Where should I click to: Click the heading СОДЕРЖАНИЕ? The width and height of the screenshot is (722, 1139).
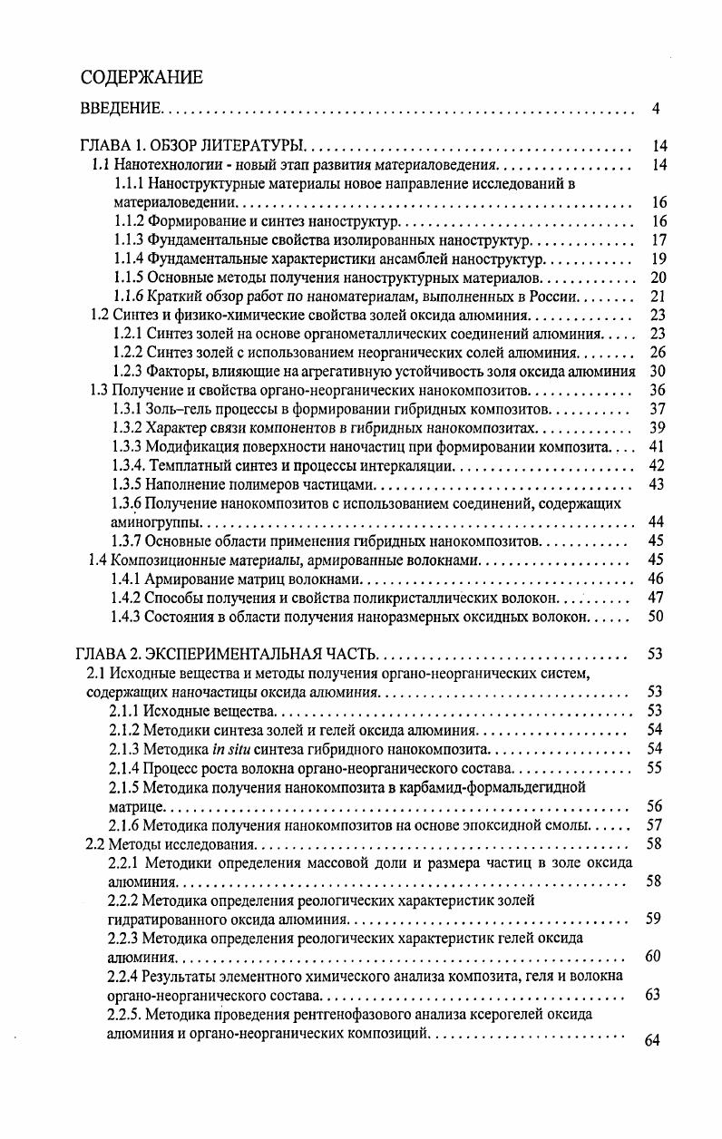coord(141,77)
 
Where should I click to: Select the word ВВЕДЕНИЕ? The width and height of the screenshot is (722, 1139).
coord(121,110)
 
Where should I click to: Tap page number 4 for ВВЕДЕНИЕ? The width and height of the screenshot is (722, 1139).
coord(656,110)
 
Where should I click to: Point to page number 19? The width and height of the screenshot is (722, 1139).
coord(659,259)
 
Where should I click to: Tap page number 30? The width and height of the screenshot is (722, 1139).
coord(659,371)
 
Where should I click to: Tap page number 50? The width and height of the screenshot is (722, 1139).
coord(659,617)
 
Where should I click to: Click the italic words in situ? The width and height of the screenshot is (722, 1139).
coord(230,749)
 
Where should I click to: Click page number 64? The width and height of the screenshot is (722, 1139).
coord(652,1039)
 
